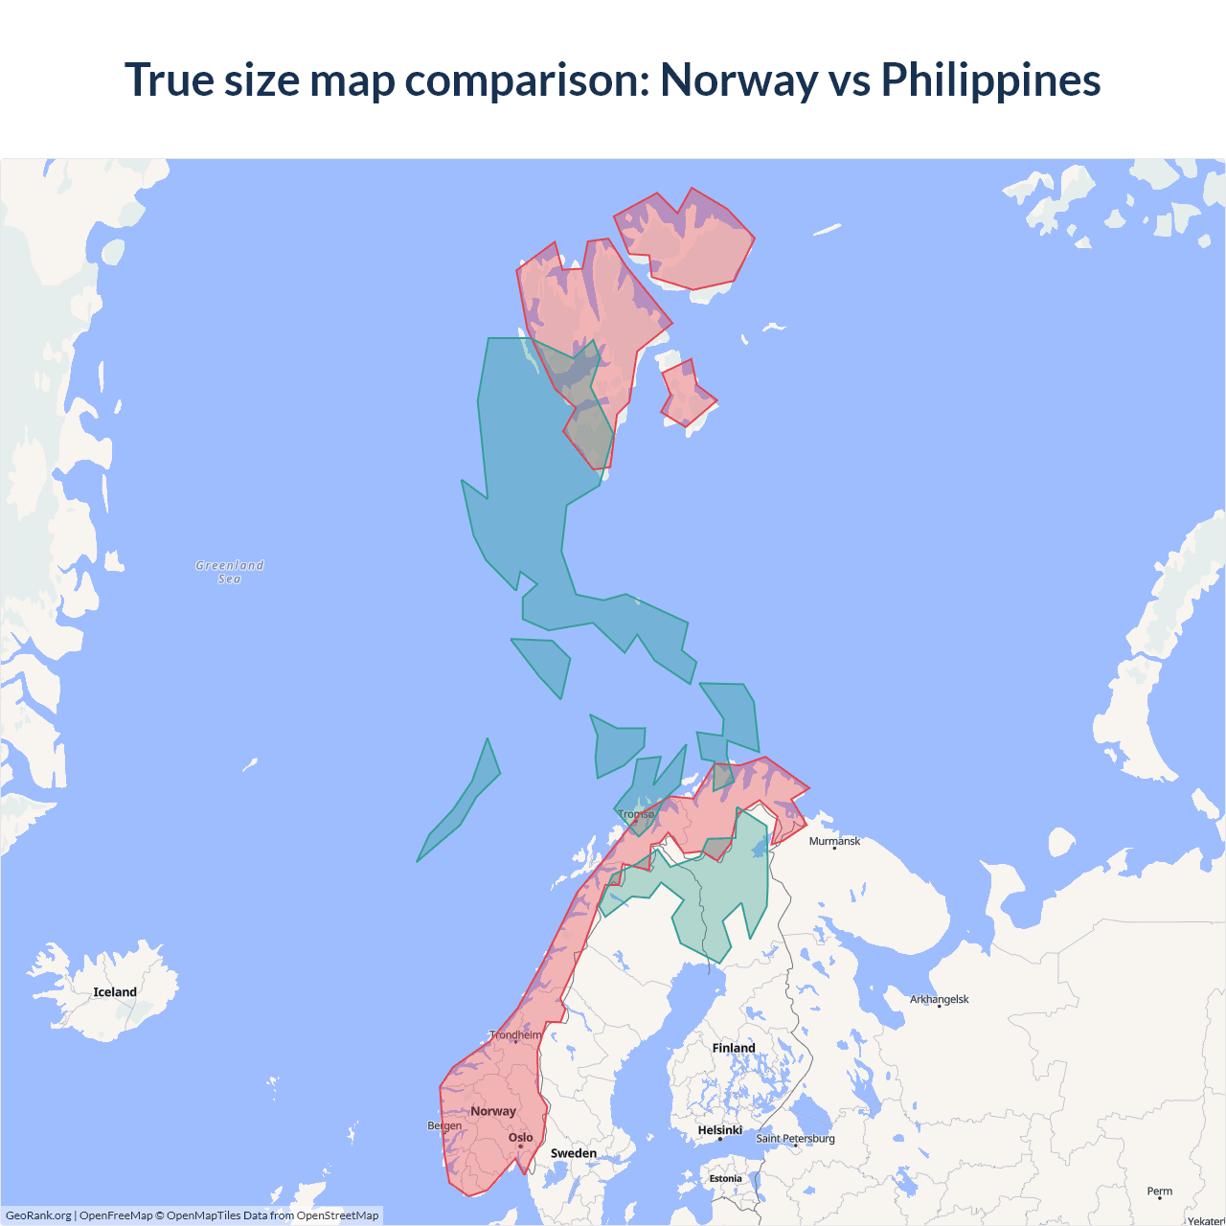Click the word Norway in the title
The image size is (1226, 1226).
coord(738,80)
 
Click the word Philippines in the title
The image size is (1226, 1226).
coord(990,80)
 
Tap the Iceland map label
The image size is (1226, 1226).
coord(115,992)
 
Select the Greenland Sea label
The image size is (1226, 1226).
coord(230,572)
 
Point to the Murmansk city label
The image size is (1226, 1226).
coord(834,841)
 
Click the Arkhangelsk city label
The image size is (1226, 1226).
coord(939,999)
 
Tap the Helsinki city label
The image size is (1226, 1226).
coord(719,1130)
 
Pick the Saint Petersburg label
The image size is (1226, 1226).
coord(795,1139)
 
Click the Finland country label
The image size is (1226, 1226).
coord(734,1048)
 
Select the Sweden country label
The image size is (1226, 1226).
coord(574,1153)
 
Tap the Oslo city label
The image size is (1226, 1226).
coord(521,1138)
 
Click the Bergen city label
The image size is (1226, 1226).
coord(444,1125)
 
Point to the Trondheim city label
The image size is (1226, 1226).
coord(515,1035)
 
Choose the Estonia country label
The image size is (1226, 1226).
coord(725,1179)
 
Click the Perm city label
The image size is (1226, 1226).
coord(1159,1192)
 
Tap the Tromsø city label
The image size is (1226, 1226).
coord(636,814)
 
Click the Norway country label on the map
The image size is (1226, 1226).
coord(493,1111)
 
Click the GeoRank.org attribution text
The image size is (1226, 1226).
coord(38,1215)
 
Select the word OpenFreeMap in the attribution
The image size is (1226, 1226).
coord(116,1215)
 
